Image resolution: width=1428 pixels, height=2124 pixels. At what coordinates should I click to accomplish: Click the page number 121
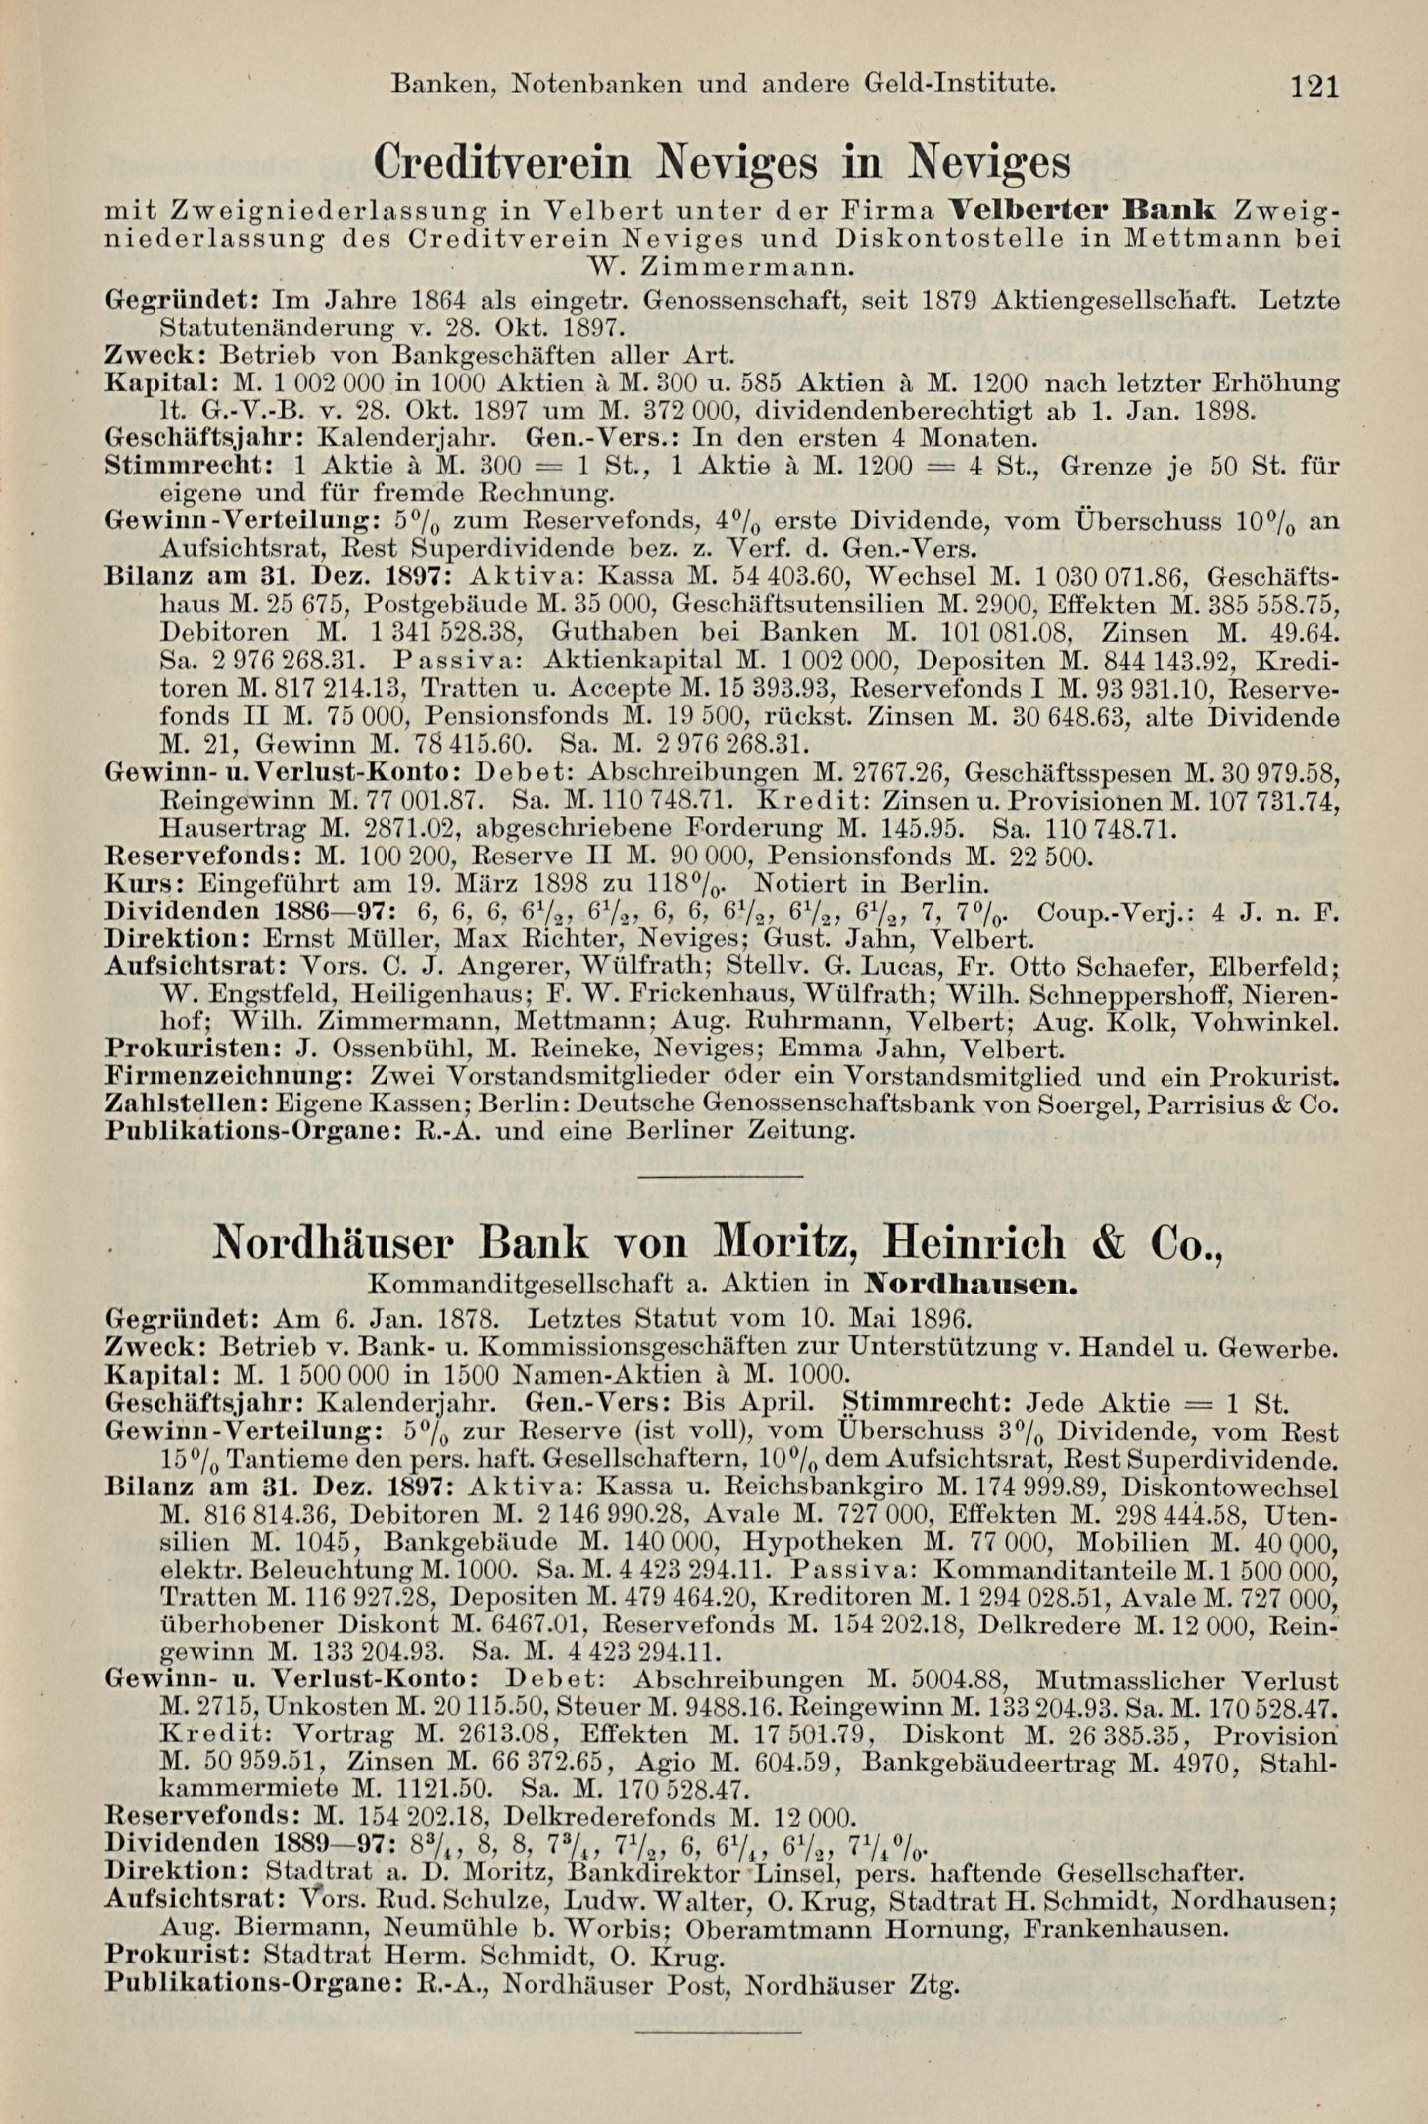pyautogui.click(x=1312, y=87)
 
